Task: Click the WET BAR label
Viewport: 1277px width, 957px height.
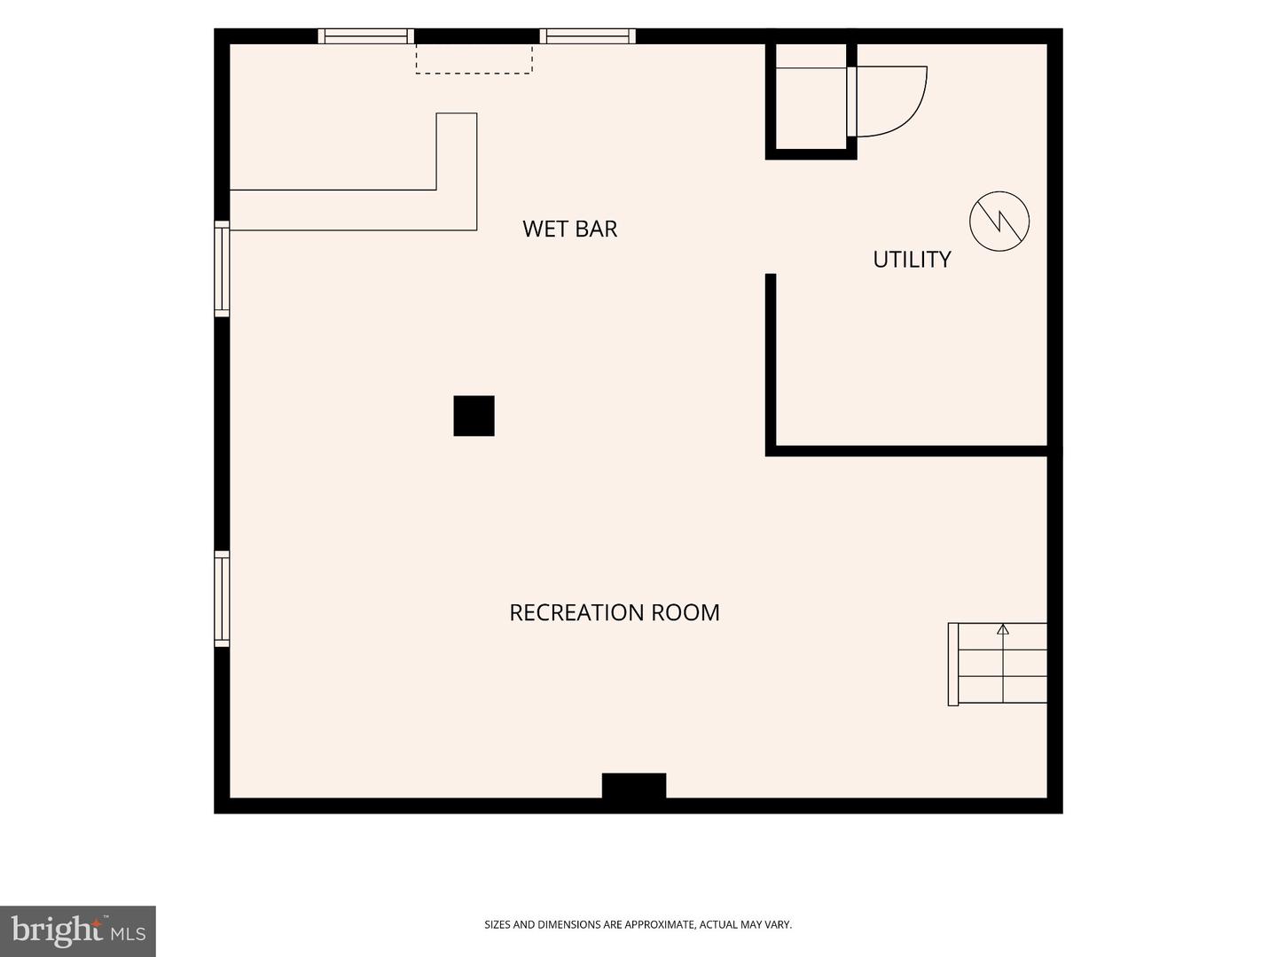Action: pyautogui.click(x=569, y=229)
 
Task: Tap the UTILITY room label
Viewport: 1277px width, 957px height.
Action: pyautogui.click(x=912, y=259)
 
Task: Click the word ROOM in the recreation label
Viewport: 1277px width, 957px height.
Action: pyautogui.click(x=686, y=612)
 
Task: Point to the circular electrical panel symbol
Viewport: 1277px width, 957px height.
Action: pyautogui.click(x=999, y=221)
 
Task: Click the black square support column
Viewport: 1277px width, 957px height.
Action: pyautogui.click(x=474, y=416)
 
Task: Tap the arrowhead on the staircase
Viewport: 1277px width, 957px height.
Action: pyautogui.click(x=1002, y=629)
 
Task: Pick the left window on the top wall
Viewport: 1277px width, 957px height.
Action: pyautogui.click(x=366, y=36)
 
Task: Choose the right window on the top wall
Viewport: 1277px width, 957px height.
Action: pyautogui.click(x=588, y=36)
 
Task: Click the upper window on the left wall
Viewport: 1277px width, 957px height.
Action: pyautogui.click(x=222, y=268)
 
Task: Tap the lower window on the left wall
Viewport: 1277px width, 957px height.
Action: pyautogui.click(x=222, y=598)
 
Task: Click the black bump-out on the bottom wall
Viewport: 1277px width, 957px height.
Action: pyautogui.click(x=633, y=785)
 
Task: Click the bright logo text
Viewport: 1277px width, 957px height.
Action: pyautogui.click(x=57, y=930)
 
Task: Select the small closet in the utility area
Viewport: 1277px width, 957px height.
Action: pyautogui.click(x=811, y=100)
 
